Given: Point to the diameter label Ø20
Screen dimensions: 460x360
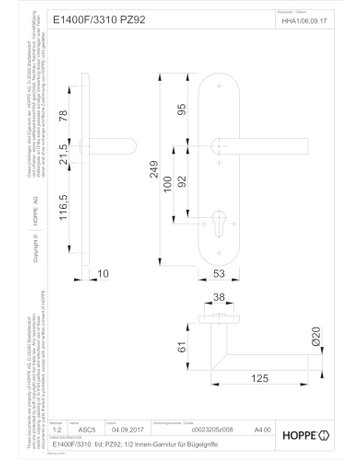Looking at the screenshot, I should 314,338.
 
